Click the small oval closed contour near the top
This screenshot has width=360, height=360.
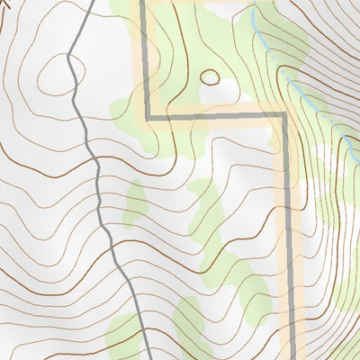pos(210,76)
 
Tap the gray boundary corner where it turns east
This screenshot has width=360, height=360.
pos(146,116)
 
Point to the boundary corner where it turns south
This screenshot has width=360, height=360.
pos(285,116)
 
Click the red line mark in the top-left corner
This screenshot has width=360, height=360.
pos(5,4)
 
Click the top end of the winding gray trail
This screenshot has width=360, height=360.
pos(94,2)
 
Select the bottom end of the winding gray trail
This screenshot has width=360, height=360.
pos(147,357)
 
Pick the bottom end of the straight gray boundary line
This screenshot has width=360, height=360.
pos(293,357)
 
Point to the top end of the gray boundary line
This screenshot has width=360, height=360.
pos(144,2)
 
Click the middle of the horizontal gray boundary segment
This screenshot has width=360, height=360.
pos(216,116)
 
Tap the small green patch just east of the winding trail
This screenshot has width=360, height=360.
pos(135,202)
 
